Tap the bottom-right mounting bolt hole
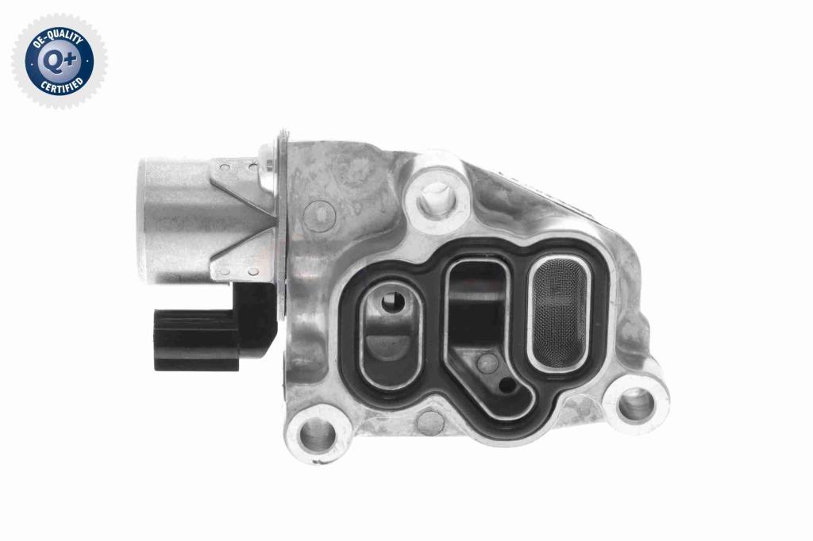click(x=636, y=403)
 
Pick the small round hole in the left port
click(x=392, y=300)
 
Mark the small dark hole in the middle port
click(x=507, y=385)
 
